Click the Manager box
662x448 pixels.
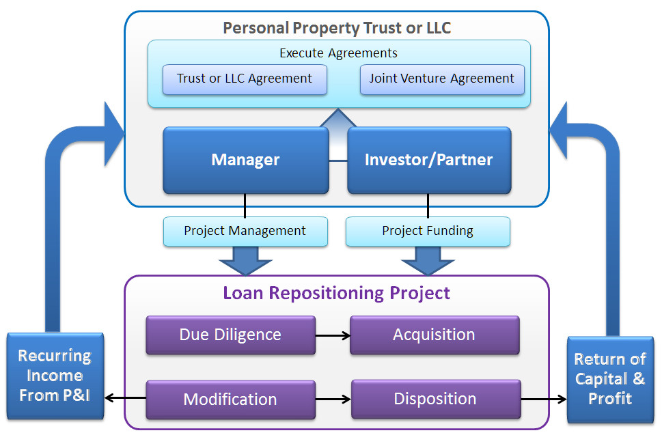click(245, 160)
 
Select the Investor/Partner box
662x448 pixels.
click(428, 160)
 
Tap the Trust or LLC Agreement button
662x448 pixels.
click(245, 79)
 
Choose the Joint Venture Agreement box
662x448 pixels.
click(441, 79)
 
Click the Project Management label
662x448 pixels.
click(245, 231)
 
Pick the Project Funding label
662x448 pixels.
click(428, 231)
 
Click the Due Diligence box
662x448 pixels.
click(230, 335)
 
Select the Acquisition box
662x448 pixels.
click(434, 335)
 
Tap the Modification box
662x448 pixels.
click(230, 400)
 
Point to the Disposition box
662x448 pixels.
click(435, 399)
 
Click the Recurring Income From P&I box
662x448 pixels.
click(55, 375)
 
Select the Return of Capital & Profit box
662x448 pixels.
click(610, 378)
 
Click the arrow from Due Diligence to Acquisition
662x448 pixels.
click(333, 335)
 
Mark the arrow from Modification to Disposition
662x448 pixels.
click(333, 400)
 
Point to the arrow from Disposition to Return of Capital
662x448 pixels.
click(544, 400)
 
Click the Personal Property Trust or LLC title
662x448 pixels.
click(337, 28)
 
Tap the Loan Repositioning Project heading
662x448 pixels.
click(336, 293)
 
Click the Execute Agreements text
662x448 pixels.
click(338, 53)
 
